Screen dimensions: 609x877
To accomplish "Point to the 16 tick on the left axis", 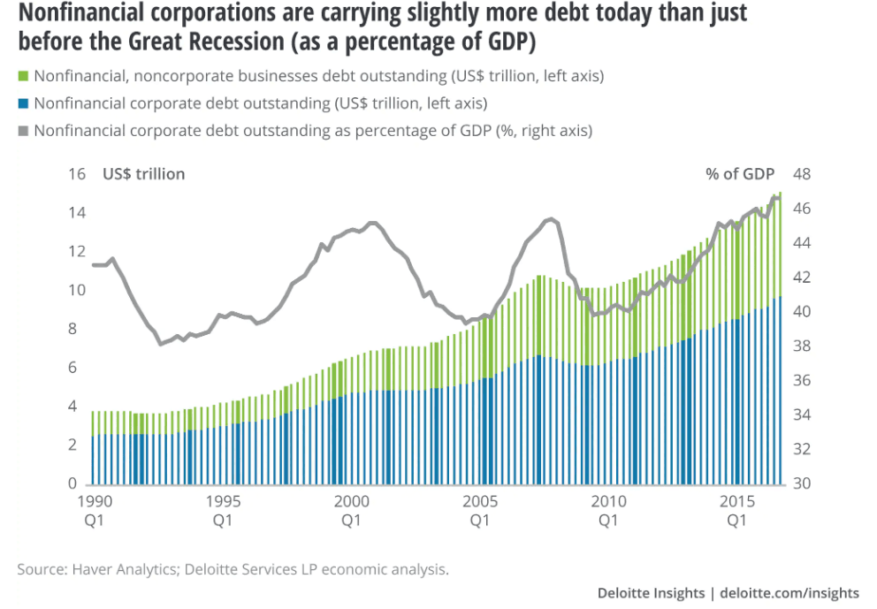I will (78, 174).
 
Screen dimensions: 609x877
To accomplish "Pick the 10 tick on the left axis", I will (78, 291).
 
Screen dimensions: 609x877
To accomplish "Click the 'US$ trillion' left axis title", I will (144, 174).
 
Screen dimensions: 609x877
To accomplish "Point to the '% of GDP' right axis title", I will (739, 174).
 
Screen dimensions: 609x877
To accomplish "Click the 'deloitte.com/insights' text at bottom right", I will (789, 592).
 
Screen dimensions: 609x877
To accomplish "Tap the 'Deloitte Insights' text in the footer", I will (652, 592).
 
